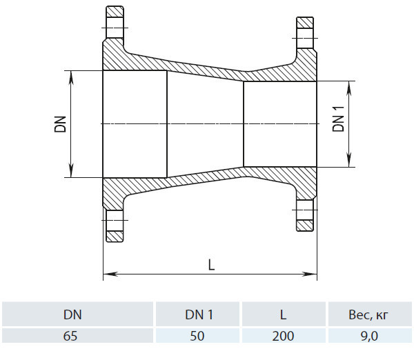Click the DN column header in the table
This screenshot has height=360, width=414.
pos(72,314)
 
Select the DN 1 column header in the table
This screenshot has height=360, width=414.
pos(199,314)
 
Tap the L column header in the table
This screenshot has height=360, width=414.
pos(283,314)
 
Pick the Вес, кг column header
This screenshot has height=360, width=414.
pos(368,315)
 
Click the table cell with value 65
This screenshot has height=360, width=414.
pos(70,336)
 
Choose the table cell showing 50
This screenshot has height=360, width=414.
pos(197,336)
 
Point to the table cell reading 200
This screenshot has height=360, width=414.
pos(283,336)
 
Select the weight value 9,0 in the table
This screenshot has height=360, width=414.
pos(369,337)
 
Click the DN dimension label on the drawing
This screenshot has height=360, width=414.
pos(60,124)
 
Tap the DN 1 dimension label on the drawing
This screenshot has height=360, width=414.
pos(339,119)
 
